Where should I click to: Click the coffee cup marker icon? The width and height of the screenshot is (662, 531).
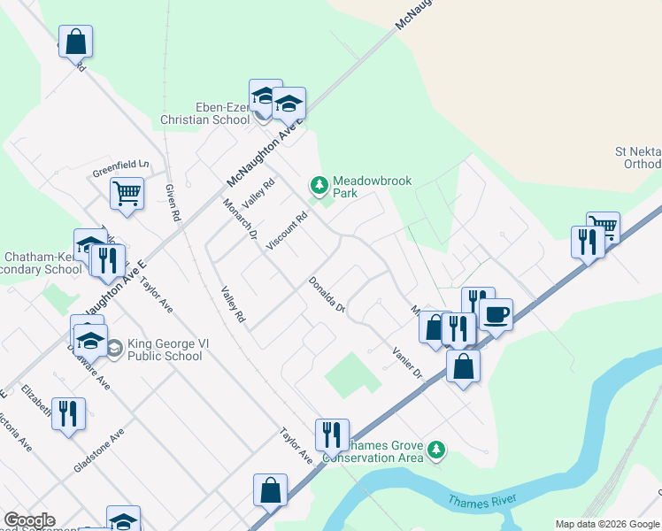(496, 314)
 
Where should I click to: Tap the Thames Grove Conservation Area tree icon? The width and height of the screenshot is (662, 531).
(435, 450)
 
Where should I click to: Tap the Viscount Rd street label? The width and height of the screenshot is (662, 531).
(289, 230)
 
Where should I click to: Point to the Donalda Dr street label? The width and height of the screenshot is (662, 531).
(326, 295)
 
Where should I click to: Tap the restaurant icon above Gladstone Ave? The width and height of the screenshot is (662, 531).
(68, 413)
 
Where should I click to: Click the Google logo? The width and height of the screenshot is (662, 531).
(29, 520)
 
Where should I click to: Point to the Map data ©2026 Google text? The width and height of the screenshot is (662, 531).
(607, 524)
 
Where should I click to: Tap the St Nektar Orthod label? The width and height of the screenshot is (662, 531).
(637, 158)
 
